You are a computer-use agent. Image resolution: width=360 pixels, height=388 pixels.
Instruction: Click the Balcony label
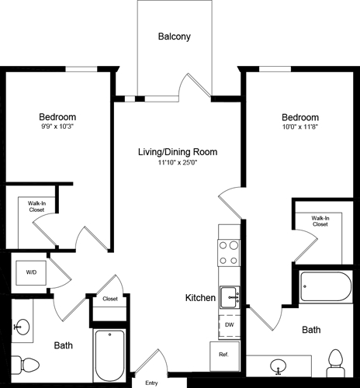pyautogui.click(x=174, y=36)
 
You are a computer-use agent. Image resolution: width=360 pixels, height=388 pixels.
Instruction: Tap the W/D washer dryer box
pyautogui.click(x=31, y=272)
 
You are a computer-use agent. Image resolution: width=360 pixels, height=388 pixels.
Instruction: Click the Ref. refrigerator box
pyautogui.click(x=224, y=354)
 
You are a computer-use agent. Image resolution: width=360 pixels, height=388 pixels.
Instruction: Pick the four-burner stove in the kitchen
pyautogui.click(x=230, y=252)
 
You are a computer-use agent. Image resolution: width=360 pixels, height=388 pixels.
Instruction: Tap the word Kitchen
pyautogui.click(x=199, y=297)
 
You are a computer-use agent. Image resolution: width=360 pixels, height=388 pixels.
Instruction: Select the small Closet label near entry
pyautogui.click(x=110, y=298)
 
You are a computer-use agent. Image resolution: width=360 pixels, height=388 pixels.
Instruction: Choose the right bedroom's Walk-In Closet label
pyautogui.click(x=319, y=221)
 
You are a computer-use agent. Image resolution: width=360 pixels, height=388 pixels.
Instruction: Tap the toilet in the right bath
pyautogui.click(x=335, y=360)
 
